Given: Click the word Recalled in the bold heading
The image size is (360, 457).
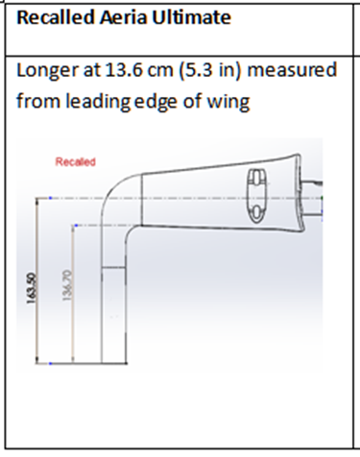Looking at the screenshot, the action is (56, 17).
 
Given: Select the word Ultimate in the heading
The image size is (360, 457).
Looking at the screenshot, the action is (191, 17).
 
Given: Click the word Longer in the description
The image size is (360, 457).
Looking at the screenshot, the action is (47, 71).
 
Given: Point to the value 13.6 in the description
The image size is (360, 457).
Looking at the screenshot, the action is (124, 70).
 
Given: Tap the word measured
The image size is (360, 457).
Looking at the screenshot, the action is (292, 70).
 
